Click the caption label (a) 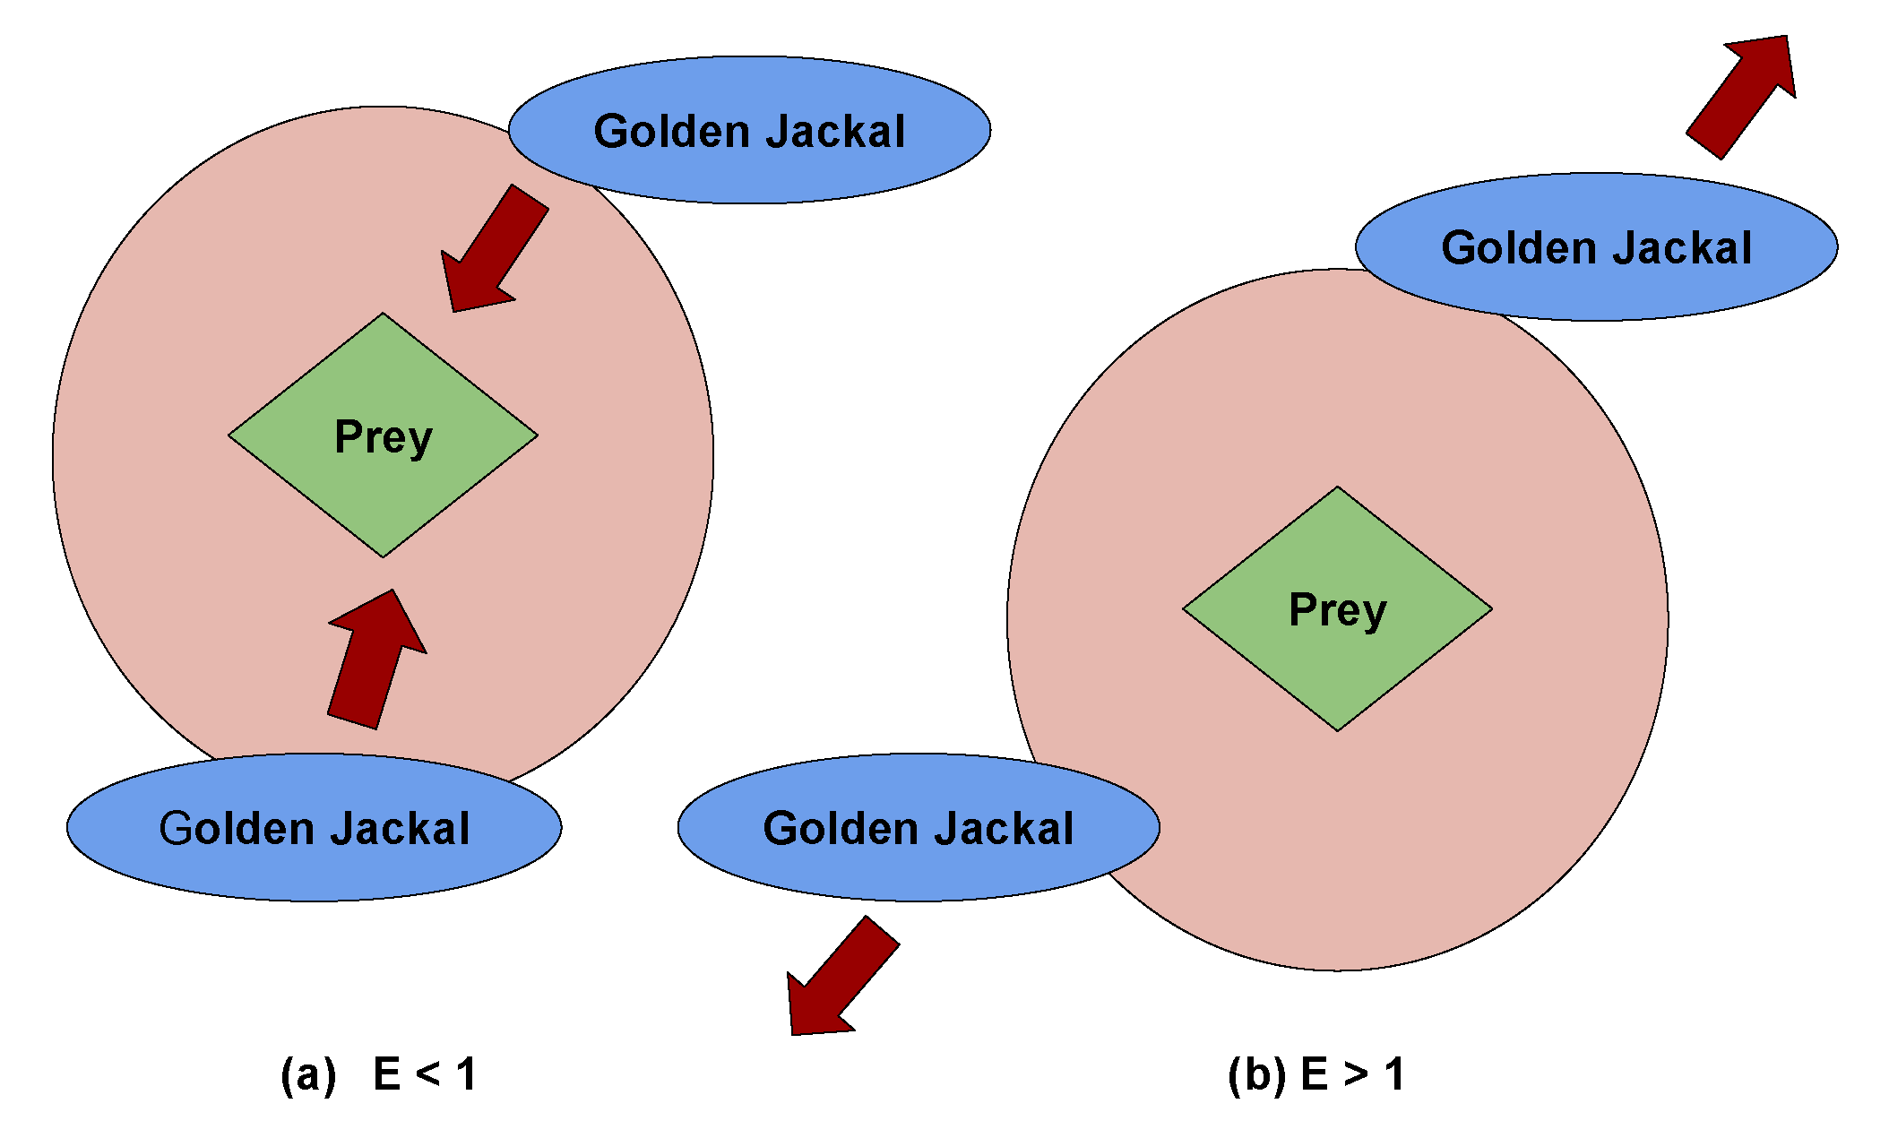tap(308, 1074)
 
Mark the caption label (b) tap(1256, 1074)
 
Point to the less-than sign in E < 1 tap(427, 1073)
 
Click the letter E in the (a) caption tap(386, 1073)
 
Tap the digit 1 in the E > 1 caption tap(1393, 1073)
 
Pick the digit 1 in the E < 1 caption tap(466, 1073)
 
